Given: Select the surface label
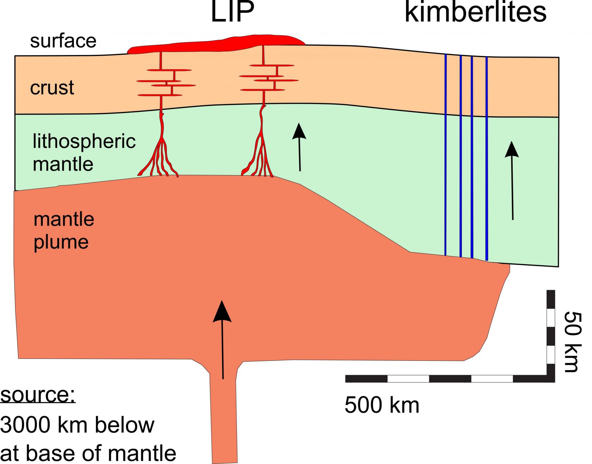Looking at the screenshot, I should (x=63, y=41).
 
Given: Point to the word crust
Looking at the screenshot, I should (x=52, y=88).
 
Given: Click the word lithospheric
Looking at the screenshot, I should (x=84, y=141).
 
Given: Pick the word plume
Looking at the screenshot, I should (x=61, y=243).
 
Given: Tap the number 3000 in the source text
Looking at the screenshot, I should (x=25, y=425).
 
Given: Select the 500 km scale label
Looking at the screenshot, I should (x=382, y=405).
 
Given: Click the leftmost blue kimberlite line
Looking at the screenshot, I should (x=445, y=154).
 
